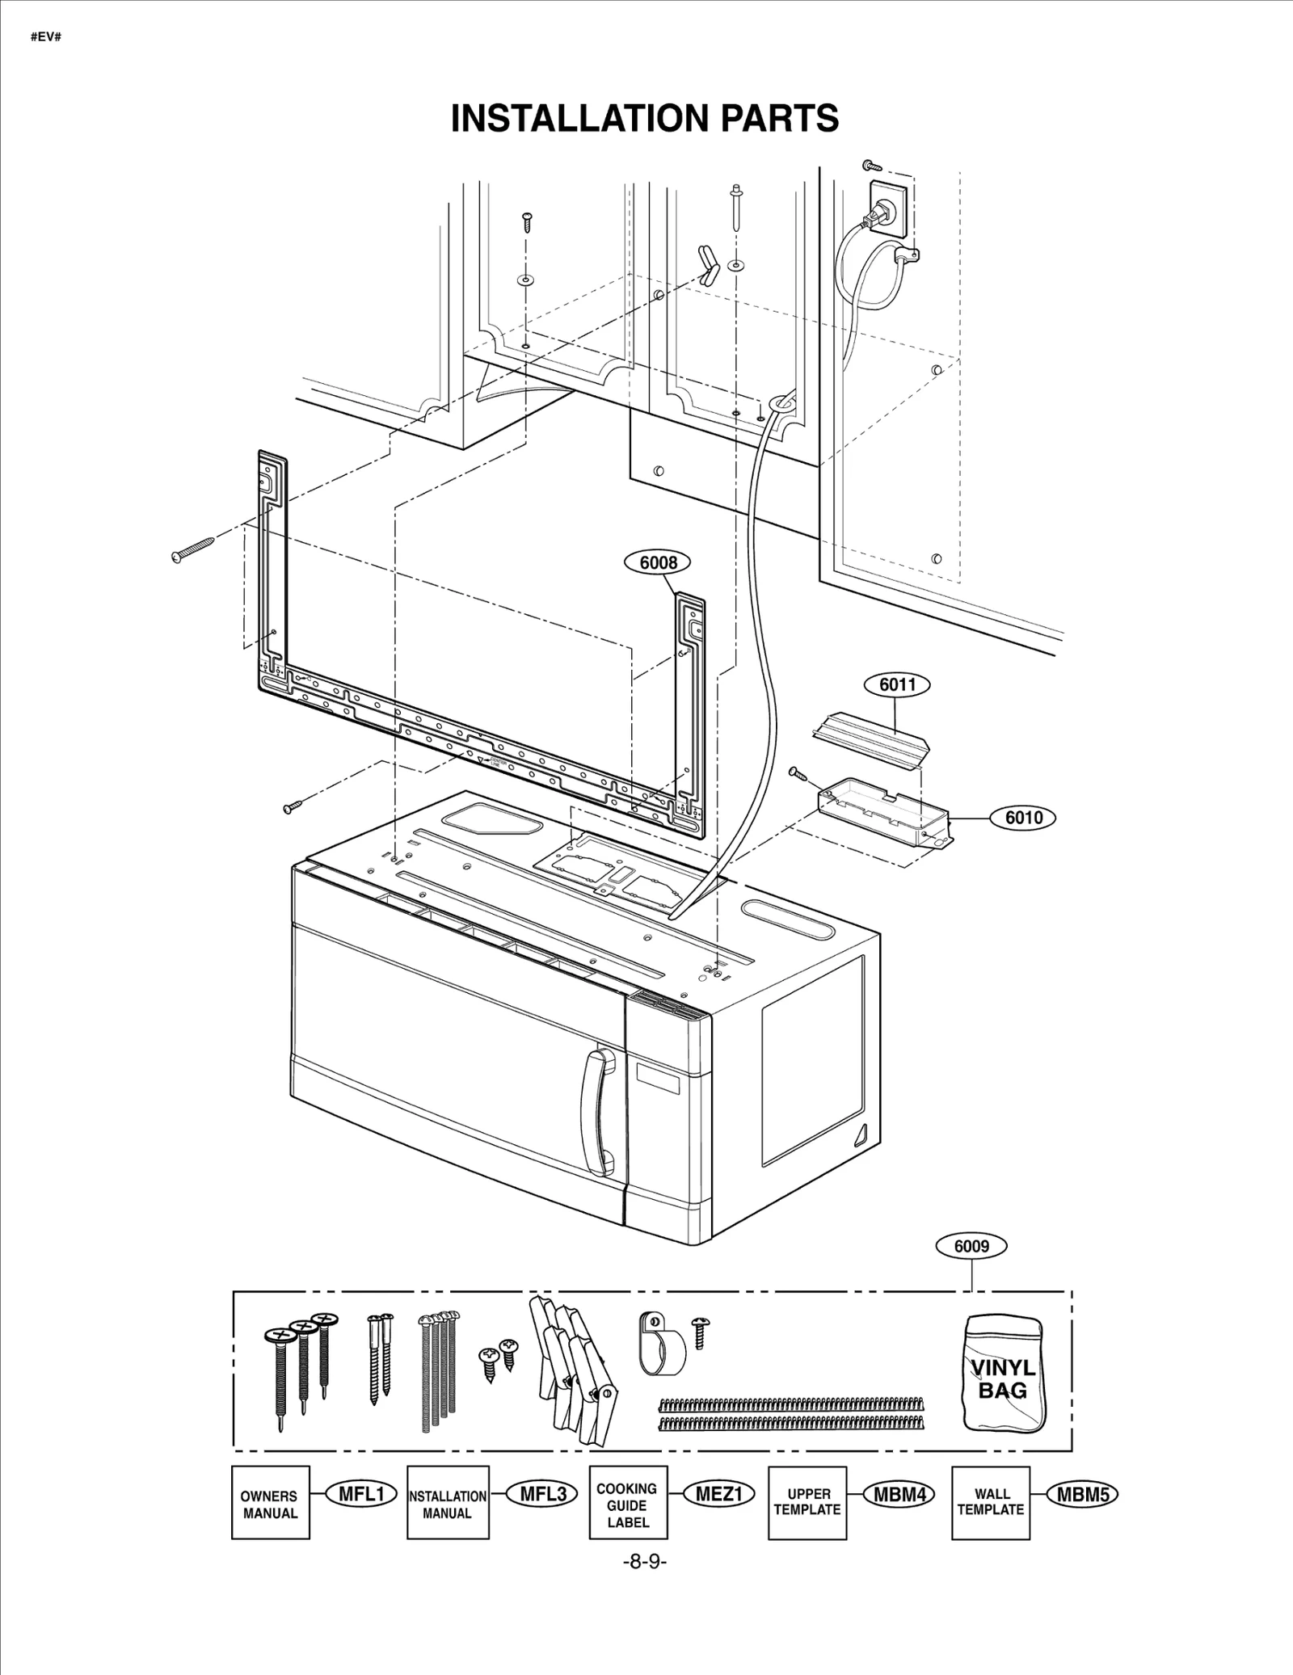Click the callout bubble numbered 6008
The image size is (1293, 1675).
pyautogui.click(x=658, y=563)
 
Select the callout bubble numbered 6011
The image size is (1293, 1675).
pyautogui.click(x=897, y=685)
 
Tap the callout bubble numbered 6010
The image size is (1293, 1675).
pyautogui.click(x=1023, y=818)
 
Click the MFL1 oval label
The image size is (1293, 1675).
pyautogui.click(x=361, y=1494)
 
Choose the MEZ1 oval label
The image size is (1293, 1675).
pyautogui.click(x=718, y=1494)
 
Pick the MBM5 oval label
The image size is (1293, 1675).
pyautogui.click(x=1082, y=1495)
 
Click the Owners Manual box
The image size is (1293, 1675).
pyautogui.click(x=271, y=1503)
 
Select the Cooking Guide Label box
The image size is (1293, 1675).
pyautogui.click(x=628, y=1503)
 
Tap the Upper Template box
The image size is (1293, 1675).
pyautogui.click(x=807, y=1502)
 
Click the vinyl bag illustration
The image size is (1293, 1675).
pyautogui.click(x=1003, y=1374)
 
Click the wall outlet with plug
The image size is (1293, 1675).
pyautogui.click(x=887, y=212)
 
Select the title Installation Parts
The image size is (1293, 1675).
pyautogui.click(x=645, y=119)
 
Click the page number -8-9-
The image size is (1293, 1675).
pyautogui.click(x=644, y=1562)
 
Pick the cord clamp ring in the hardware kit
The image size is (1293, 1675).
pyautogui.click(x=662, y=1344)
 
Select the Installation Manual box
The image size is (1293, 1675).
pyautogui.click(x=448, y=1503)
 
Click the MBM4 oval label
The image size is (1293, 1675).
pyautogui.click(x=899, y=1495)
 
